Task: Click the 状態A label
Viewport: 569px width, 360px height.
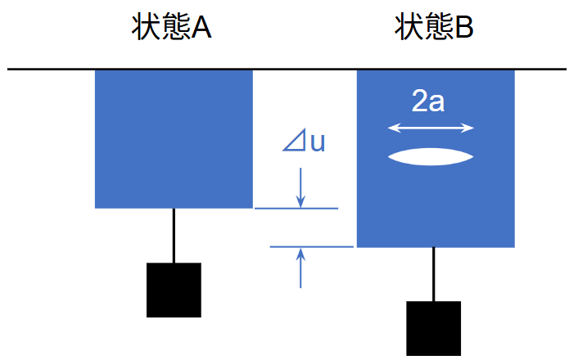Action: click(172, 29)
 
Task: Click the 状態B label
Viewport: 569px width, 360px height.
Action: click(434, 29)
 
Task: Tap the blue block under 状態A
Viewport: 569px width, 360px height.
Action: click(174, 138)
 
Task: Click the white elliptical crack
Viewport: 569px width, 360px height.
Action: click(431, 156)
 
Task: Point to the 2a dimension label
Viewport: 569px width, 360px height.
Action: click(429, 102)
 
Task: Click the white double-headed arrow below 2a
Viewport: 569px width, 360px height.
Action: click(431, 128)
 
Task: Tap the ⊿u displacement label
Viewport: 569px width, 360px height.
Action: click(304, 142)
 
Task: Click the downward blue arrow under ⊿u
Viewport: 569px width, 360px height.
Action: click(300, 188)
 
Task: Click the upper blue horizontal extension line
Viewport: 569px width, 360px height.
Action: click(296, 209)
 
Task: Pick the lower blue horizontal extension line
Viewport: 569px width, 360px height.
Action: click(311, 245)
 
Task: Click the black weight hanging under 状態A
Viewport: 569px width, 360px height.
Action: click(174, 290)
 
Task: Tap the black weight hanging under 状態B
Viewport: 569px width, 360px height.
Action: click(434, 328)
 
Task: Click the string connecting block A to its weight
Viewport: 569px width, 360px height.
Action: click(174, 236)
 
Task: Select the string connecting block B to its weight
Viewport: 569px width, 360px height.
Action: click(434, 274)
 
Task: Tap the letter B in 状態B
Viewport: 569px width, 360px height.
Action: click(463, 29)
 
